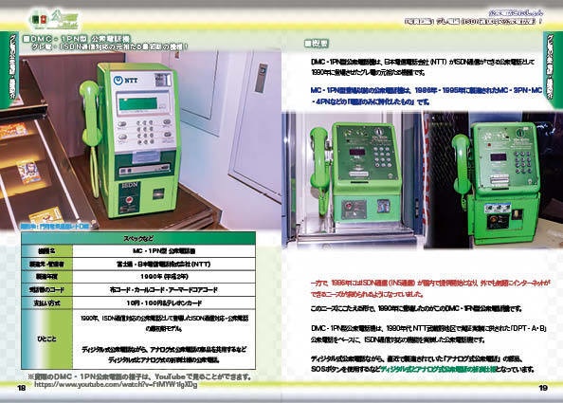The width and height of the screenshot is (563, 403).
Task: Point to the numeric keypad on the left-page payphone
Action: coord(143,132)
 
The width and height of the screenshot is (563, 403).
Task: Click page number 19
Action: coord(543,388)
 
